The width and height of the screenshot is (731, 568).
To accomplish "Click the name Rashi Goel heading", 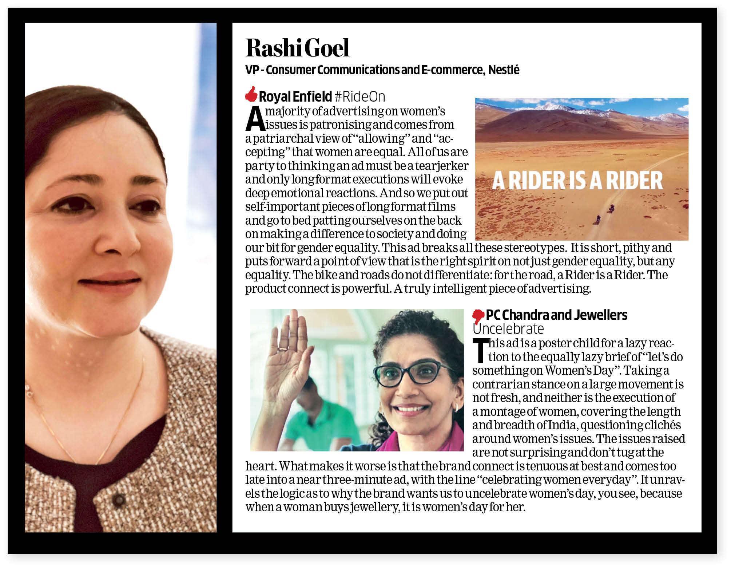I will tap(297, 48).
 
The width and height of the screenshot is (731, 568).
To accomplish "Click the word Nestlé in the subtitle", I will tap(504, 70).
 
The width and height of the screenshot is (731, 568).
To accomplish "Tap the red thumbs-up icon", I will tap(251, 94).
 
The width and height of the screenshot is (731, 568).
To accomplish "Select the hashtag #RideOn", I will tap(359, 97).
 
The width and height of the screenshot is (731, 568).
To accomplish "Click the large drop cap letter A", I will tap(254, 119).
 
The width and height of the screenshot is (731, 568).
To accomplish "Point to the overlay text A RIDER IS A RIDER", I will tap(577, 181).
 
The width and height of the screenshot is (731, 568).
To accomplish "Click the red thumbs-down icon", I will tap(478, 316).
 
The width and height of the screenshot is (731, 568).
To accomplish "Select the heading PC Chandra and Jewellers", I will tap(556, 315).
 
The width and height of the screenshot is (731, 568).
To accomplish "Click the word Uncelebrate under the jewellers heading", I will tap(508, 329).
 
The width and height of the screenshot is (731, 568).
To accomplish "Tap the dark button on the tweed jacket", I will tap(119, 500).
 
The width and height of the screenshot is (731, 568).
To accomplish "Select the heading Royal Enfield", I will tap(295, 97).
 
